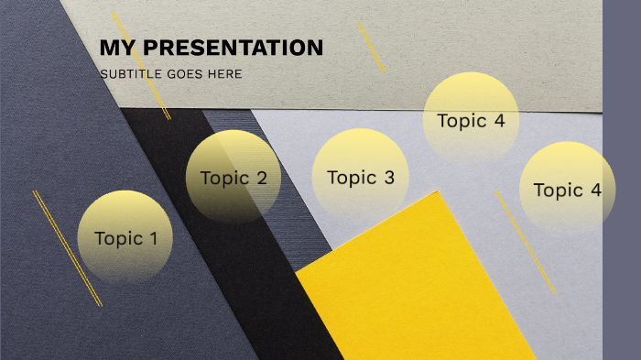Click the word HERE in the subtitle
tap(226, 73)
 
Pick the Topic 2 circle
tap(234, 177)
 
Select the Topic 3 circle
tap(360, 177)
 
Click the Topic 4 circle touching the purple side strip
tap(567, 190)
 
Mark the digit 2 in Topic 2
tap(261, 178)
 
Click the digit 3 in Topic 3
tap(388, 178)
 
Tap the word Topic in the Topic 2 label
tap(224, 178)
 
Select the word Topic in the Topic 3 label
tap(352, 178)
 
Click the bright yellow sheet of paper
tap(417, 284)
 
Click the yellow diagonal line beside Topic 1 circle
tap(67, 247)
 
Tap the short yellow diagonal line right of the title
tap(371, 47)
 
